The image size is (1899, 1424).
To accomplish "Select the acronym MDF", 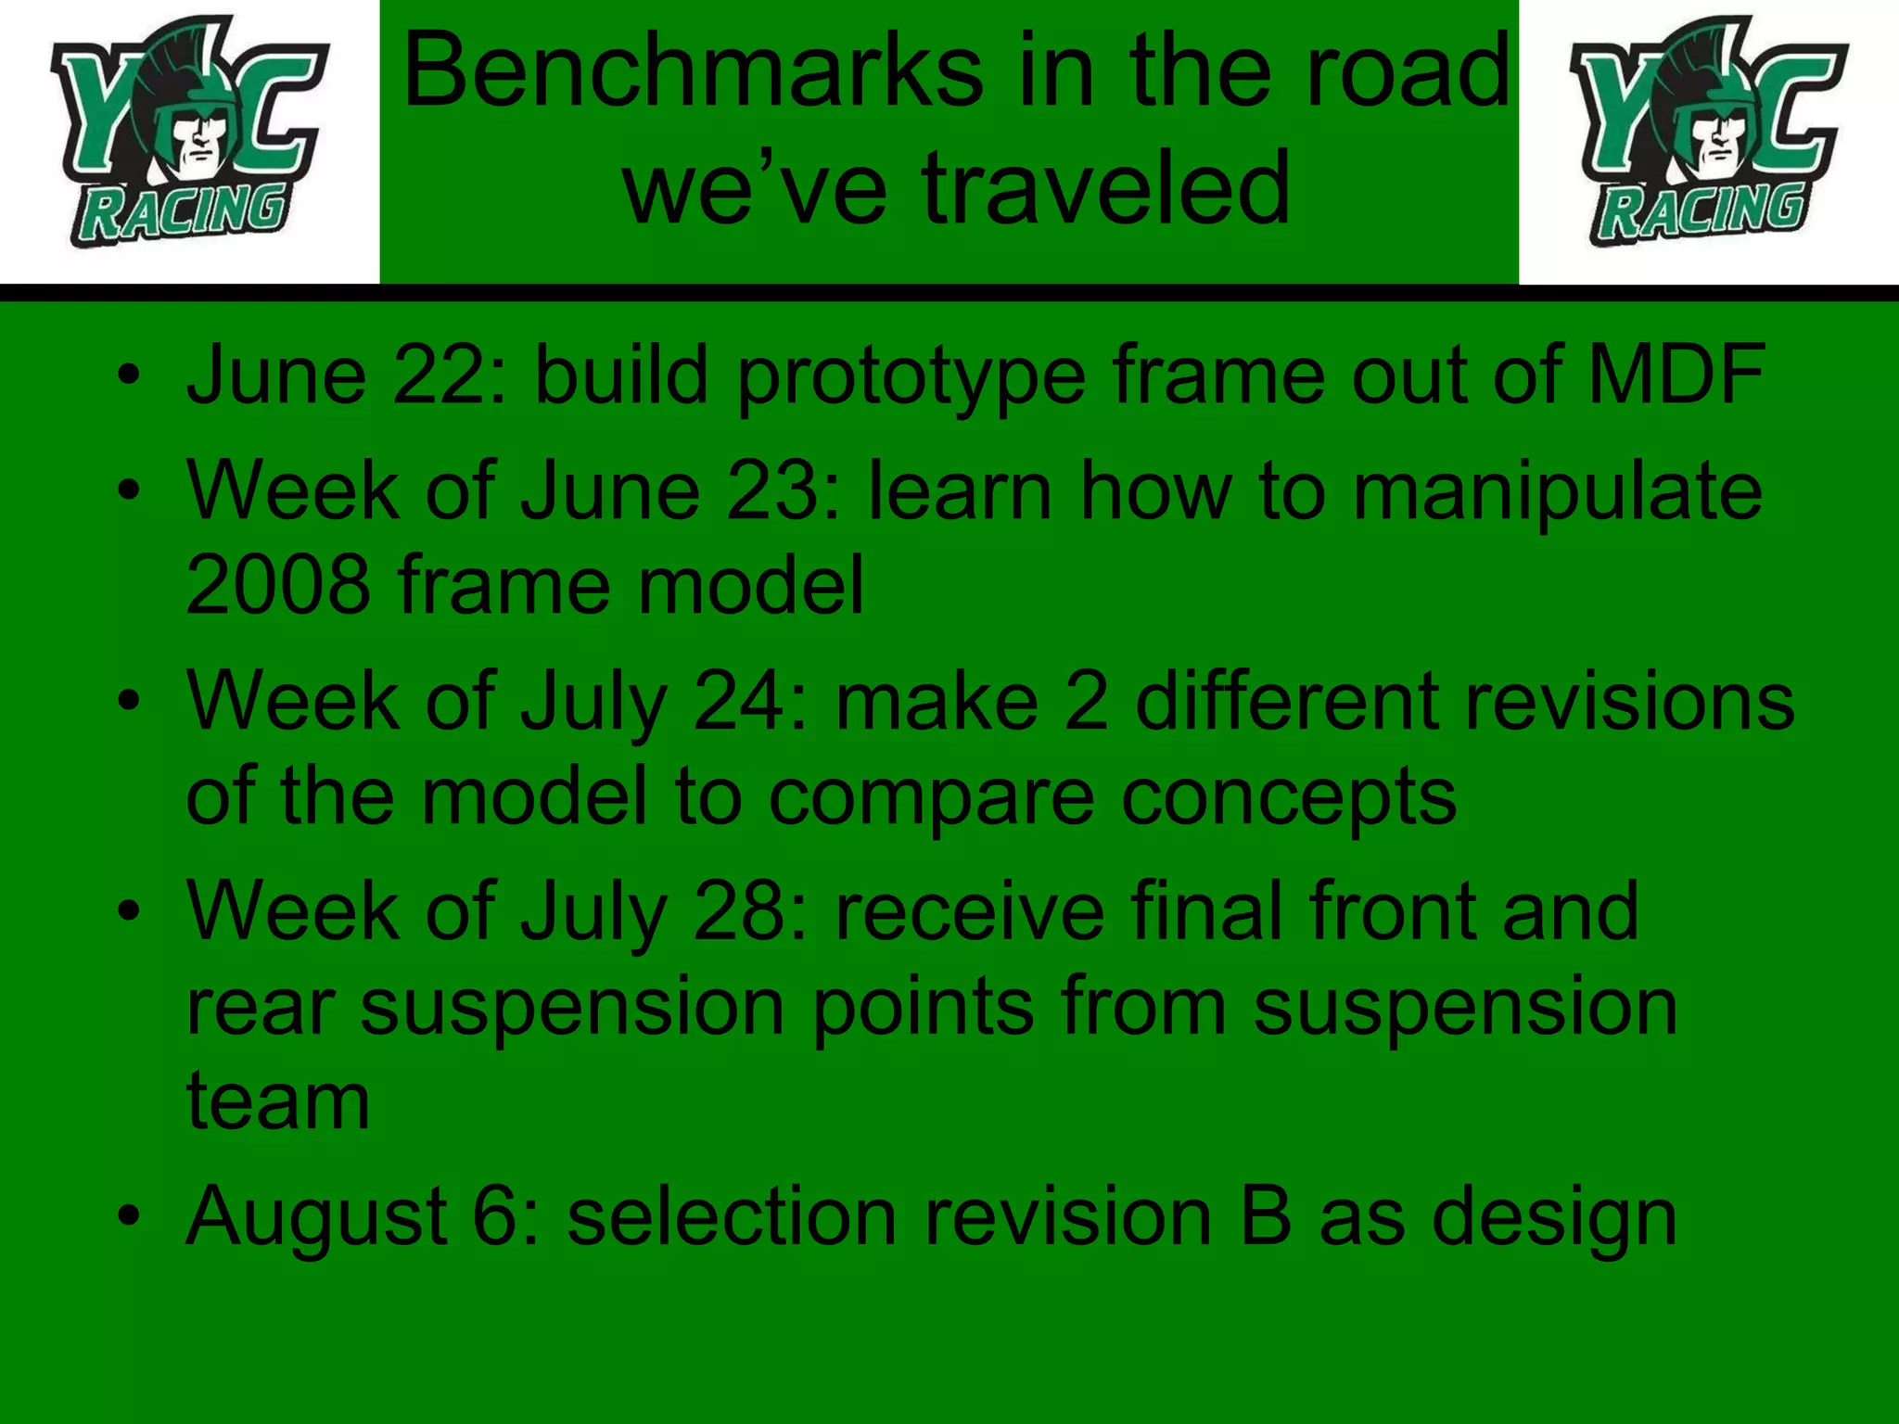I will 1676,375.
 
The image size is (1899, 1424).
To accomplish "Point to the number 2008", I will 278,586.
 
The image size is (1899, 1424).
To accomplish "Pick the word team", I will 278,1102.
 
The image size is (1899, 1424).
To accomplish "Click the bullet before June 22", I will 129,376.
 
